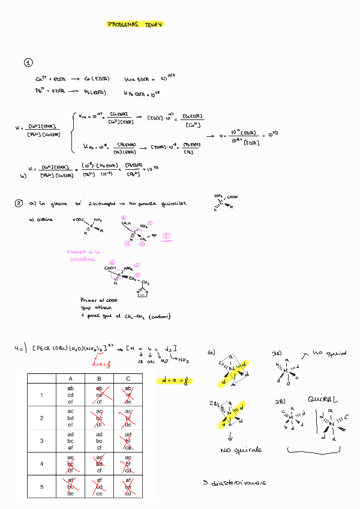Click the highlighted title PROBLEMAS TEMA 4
[135, 25]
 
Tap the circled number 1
[28, 63]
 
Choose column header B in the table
[99, 378]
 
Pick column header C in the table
[128, 378]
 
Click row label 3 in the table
[41, 441]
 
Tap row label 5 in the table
[41, 486]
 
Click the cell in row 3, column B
[99, 441]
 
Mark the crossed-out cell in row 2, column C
[128, 418]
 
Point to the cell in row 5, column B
[99, 486]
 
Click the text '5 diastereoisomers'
[235, 483]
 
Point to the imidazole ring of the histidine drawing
[142, 292]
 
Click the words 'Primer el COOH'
[97, 300]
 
